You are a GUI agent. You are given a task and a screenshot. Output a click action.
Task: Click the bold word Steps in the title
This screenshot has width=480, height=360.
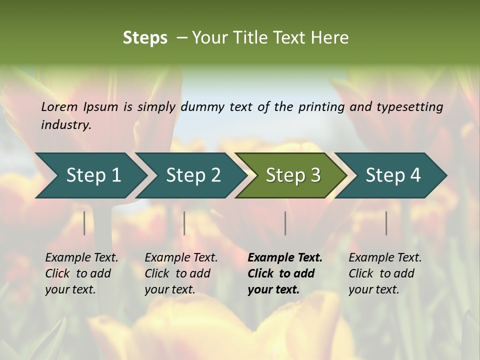[x=145, y=38]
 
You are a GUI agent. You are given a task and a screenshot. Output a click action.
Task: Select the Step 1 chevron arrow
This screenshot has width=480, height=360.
[x=90, y=175]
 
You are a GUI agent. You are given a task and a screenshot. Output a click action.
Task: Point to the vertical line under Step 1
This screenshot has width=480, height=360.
[x=84, y=223]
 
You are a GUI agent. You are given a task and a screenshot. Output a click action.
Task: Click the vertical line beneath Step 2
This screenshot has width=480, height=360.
[x=184, y=223]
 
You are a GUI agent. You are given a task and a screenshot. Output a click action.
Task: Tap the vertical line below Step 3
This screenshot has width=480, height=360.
[x=285, y=223]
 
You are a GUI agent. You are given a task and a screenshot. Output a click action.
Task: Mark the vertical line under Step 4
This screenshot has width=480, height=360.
[x=386, y=223]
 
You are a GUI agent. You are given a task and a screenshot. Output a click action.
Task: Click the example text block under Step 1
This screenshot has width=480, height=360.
[x=81, y=273]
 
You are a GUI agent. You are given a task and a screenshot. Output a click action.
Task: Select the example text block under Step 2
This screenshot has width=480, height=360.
[x=181, y=273]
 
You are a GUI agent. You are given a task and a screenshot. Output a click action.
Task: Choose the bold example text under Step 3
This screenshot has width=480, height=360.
[x=285, y=273]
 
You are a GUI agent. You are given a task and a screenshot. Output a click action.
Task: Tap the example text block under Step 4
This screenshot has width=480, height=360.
[x=385, y=273]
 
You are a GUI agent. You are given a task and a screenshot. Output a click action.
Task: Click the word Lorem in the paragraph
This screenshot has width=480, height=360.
[x=59, y=106]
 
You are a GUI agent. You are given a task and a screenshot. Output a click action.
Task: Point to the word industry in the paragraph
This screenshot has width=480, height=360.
[x=66, y=124]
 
